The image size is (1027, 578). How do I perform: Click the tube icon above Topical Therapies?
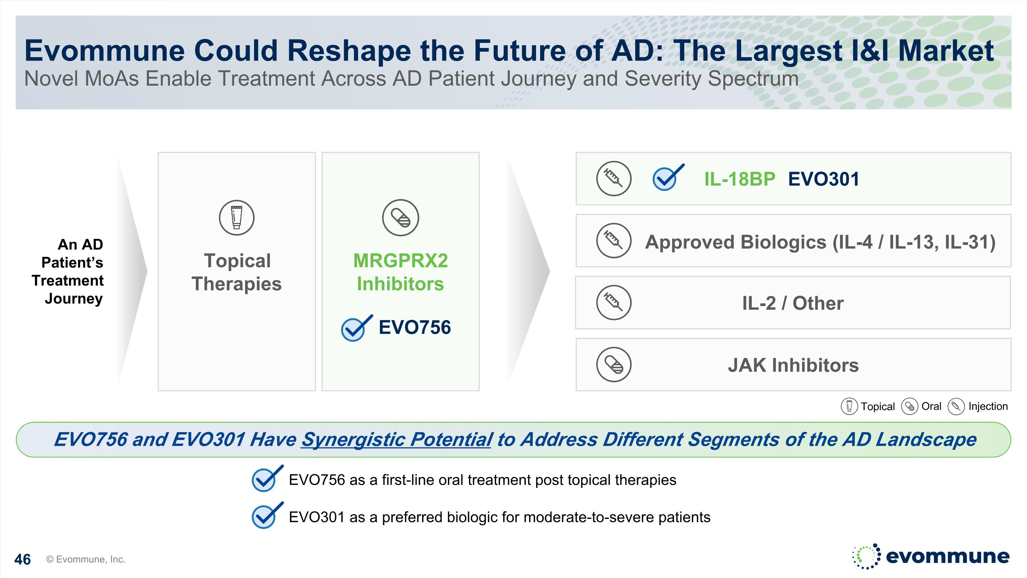click(x=237, y=218)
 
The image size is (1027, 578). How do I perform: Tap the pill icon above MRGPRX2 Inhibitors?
click(x=400, y=218)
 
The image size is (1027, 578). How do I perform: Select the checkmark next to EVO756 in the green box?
click(x=356, y=328)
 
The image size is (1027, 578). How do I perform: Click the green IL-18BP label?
click(x=739, y=179)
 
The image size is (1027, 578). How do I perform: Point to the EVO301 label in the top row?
click(x=824, y=179)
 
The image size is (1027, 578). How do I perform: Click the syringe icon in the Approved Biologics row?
click(x=613, y=241)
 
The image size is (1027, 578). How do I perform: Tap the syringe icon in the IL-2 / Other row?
click(x=613, y=303)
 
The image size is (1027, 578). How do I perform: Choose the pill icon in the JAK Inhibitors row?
click(x=613, y=365)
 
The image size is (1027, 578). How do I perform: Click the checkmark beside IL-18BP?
click(x=668, y=177)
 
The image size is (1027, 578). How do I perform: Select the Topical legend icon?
click(x=849, y=406)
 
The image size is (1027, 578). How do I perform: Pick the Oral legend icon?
click(x=909, y=406)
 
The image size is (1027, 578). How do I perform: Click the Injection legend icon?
click(x=956, y=406)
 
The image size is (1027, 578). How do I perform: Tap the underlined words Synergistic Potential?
click(x=396, y=440)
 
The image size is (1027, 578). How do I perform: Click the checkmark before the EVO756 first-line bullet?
click(x=267, y=478)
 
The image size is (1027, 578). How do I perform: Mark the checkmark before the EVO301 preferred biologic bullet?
click(x=267, y=515)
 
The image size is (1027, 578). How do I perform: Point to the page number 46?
click(x=22, y=559)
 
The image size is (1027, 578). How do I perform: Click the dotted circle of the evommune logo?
click(x=866, y=556)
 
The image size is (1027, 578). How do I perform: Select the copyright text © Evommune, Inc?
click(x=86, y=559)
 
